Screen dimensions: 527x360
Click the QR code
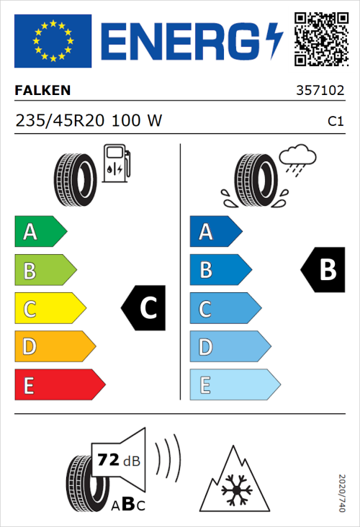[321, 37]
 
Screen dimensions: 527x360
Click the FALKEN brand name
[42, 90]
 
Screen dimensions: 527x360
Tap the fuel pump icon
[116, 163]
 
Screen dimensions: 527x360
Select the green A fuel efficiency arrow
[40, 232]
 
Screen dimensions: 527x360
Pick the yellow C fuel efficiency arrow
[49, 310]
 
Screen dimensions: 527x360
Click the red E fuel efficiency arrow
[59, 385]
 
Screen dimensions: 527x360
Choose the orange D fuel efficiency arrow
[54, 348]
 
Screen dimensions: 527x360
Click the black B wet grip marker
[323, 270]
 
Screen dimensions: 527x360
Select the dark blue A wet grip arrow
[215, 232]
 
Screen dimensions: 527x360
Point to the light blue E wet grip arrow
[234, 385]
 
